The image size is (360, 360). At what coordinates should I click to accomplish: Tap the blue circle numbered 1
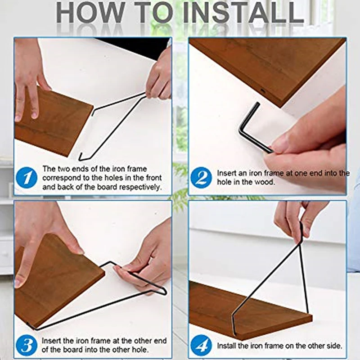pyautogui.click(x=27, y=178)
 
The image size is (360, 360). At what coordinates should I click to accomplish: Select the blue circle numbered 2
pyautogui.click(x=201, y=178)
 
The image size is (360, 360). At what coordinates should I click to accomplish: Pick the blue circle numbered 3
pyautogui.click(x=27, y=345)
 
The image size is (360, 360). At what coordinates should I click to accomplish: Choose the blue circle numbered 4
pyautogui.click(x=201, y=345)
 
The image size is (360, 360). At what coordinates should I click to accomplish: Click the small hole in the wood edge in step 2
pyautogui.click(x=263, y=91)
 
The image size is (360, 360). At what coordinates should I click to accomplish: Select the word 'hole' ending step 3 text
pyautogui.click(x=140, y=350)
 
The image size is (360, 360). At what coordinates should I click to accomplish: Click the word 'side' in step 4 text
pyautogui.click(x=333, y=346)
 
